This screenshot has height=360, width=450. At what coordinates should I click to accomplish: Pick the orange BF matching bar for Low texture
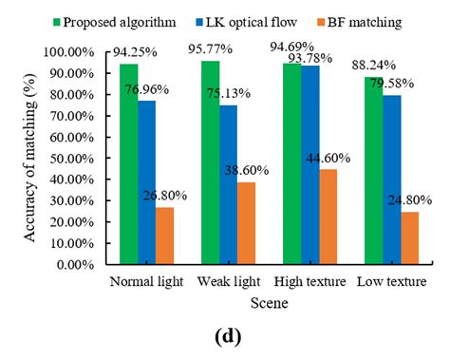408,238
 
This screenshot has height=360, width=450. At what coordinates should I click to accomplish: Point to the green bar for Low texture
373,171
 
